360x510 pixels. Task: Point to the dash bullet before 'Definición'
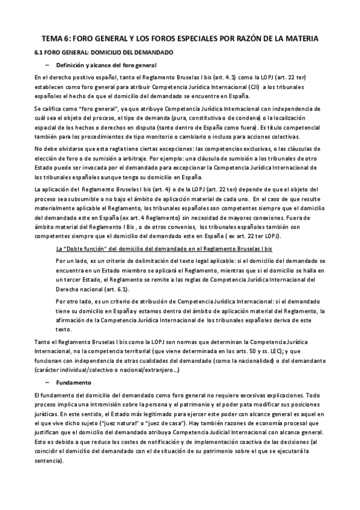[46, 64]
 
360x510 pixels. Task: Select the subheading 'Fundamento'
[73, 382]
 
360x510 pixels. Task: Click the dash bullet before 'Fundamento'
[46, 382]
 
